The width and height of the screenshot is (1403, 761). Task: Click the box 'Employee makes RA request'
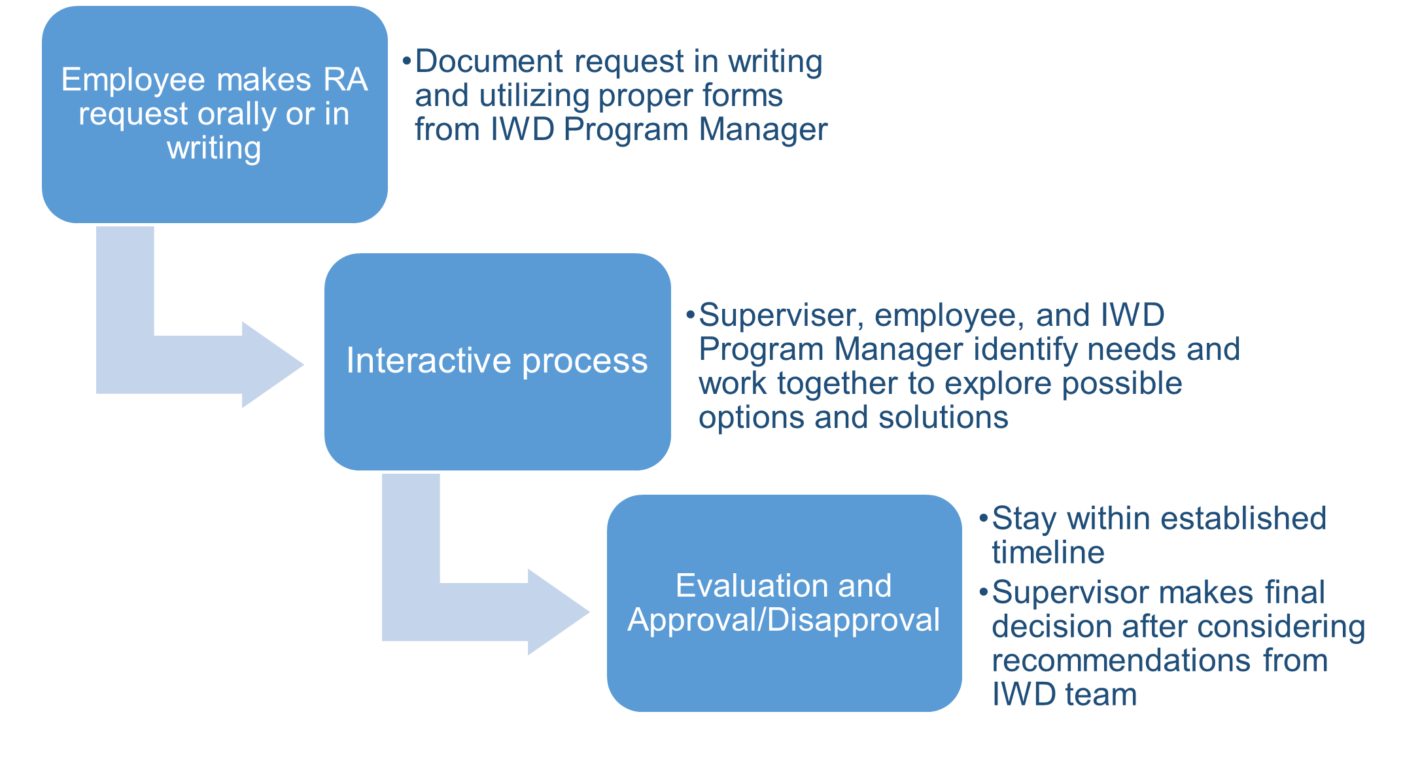tap(215, 115)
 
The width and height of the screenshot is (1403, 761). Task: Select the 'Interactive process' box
tap(497, 361)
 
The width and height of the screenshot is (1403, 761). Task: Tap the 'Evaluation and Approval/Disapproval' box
tap(784, 603)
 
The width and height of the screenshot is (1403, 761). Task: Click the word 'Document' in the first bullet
tap(489, 62)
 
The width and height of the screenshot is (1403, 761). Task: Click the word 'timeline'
tap(1048, 552)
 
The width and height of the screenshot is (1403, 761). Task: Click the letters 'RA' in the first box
tap(345, 80)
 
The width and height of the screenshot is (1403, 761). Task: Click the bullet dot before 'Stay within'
tap(983, 519)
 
